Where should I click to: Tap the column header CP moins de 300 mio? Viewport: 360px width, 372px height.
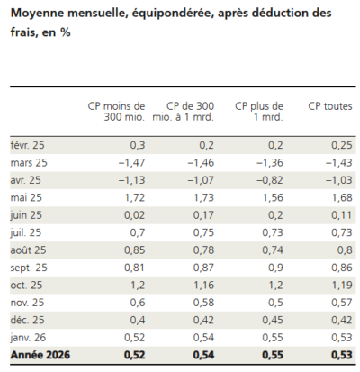click(x=120, y=112)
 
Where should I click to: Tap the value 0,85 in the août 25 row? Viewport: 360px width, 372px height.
click(x=134, y=250)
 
